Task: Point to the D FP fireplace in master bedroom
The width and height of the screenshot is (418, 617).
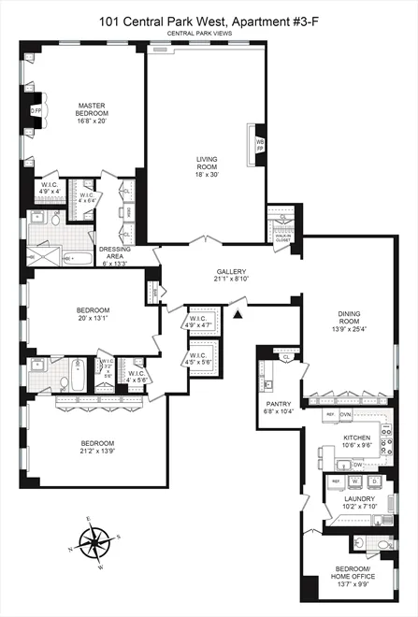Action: [x=36, y=110]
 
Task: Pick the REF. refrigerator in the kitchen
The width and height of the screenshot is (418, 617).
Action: [x=330, y=413]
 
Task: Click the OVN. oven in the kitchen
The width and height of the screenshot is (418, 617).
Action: [x=345, y=413]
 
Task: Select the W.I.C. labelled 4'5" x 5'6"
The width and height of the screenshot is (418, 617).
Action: [x=199, y=357]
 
